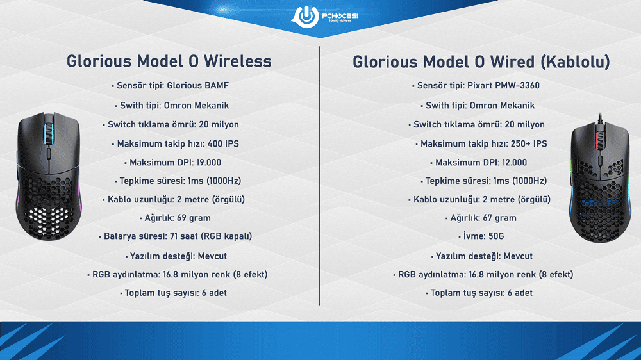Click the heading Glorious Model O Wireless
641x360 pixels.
169,61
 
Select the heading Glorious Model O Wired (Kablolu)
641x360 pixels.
481,61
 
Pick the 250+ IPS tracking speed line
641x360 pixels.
481,143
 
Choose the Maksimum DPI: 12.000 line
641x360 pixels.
481,162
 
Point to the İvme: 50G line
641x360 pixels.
481,236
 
